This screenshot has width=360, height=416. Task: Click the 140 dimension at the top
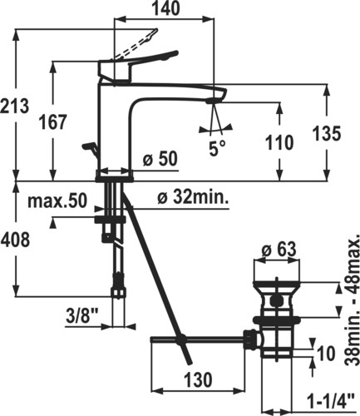tap(165, 8)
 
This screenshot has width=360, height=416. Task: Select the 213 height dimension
tap(14, 106)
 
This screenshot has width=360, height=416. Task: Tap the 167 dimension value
tap(53, 122)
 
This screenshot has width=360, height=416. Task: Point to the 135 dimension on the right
tap(327, 133)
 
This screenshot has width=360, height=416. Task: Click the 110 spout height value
tap(279, 143)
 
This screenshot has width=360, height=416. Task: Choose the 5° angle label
tap(217, 148)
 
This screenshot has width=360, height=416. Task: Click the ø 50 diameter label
tap(160, 159)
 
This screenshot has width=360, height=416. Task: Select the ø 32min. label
tap(193, 197)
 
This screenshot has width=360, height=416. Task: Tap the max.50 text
tap(57, 201)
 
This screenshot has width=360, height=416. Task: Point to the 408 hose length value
tap(15, 240)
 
